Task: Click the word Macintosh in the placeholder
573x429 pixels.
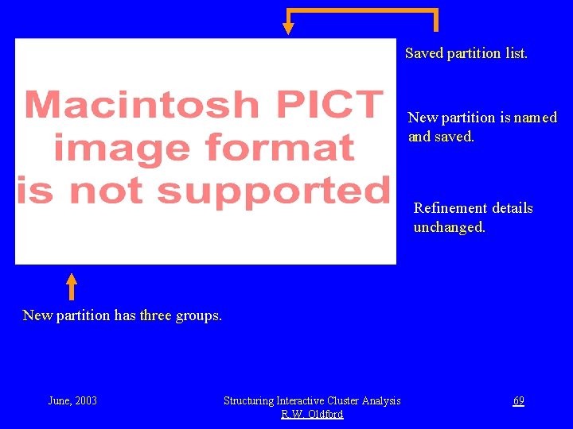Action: (142, 105)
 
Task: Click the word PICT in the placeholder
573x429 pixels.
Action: (327, 105)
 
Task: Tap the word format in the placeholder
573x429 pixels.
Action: (279, 148)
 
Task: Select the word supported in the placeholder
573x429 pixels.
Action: (272, 191)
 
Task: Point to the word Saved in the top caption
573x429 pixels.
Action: (423, 53)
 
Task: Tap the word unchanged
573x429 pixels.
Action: (449, 227)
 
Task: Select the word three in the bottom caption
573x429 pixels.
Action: (155, 315)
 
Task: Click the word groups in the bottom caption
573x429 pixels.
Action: (198, 316)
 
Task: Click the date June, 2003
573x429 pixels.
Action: (72, 400)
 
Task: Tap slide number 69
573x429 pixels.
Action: (518, 400)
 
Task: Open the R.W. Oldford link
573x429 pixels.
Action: (312, 414)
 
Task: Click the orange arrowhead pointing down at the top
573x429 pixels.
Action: (288, 28)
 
